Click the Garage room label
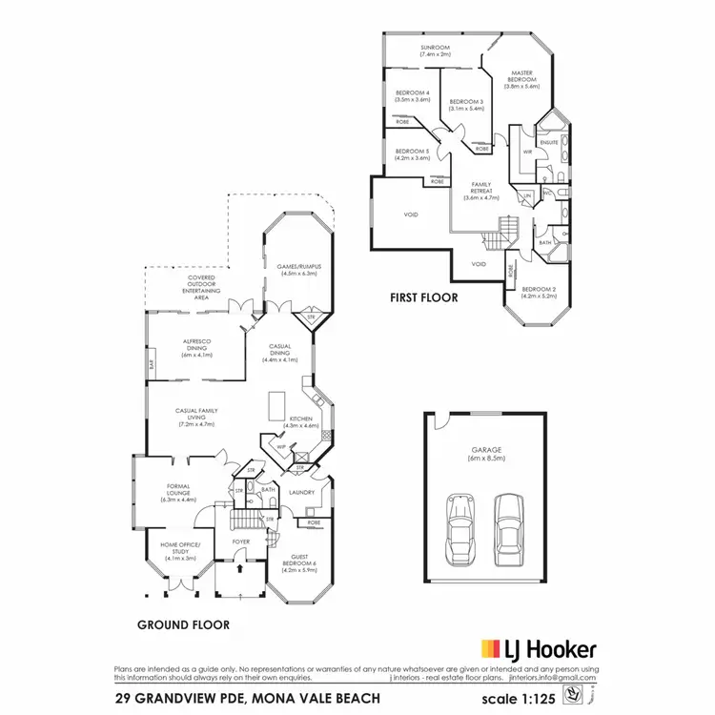(x=485, y=453)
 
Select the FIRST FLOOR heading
(x=424, y=297)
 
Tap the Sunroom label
(x=435, y=51)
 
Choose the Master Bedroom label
(x=521, y=79)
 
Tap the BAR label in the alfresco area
(x=151, y=364)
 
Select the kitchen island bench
(x=276, y=407)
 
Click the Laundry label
(x=302, y=493)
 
